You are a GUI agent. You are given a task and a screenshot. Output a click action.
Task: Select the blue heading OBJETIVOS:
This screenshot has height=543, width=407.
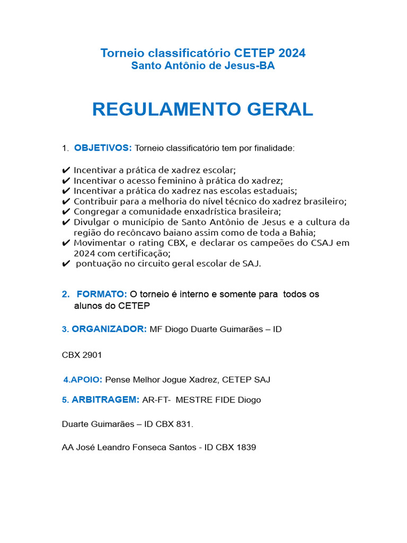coord(103,148)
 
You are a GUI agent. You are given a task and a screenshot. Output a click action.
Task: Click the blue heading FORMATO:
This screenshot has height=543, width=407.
coord(102,294)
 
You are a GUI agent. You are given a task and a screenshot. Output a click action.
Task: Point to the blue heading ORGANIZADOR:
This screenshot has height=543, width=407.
coord(109,329)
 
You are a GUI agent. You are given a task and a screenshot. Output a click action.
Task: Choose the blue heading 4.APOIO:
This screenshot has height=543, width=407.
coord(83,380)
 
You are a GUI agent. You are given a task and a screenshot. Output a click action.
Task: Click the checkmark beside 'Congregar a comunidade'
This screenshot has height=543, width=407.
coord(66,212)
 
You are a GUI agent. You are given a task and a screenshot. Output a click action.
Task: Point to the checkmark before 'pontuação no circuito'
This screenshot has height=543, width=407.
coord(66,264)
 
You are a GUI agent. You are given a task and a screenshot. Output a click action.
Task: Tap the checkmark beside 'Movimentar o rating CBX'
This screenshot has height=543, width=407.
coord(66,243)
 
